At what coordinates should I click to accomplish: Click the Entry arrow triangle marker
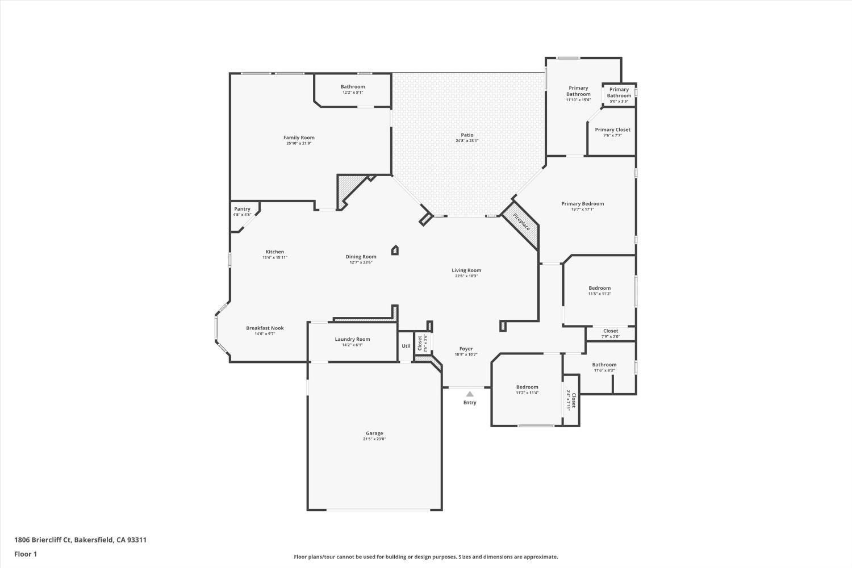(x=470, y=394)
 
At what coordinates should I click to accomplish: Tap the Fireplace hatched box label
(x=521, y=222)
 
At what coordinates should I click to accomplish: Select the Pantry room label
(x=242, y=209)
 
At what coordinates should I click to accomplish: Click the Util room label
(x=406, y=346)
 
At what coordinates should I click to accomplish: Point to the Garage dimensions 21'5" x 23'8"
(x=374, y=439)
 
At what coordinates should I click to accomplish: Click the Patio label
(x=467, y=135)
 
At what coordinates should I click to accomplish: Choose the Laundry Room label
(x=352, y=339)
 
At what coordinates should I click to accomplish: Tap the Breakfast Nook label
(x=265, y=328)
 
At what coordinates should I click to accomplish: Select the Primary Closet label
(x=612, y=130)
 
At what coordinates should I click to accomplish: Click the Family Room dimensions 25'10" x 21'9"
(x=299, y=144)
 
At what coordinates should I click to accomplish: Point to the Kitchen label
(x=275, y=252)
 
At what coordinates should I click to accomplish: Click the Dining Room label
(x=361, y=257)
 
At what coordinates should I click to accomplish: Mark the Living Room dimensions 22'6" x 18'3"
(x=466, y=276)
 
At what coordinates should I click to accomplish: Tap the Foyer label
(x=466, y=349)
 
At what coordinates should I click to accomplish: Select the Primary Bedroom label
(x=582, y=203)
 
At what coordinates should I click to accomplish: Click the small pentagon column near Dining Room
(x=395, y=250)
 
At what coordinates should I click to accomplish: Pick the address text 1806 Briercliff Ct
(x=43, y=540)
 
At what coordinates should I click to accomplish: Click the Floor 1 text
(x=26, y=554)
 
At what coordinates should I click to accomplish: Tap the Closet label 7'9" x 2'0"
(x=611, y=331)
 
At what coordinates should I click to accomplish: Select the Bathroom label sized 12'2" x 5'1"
(x=353, y=87)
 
